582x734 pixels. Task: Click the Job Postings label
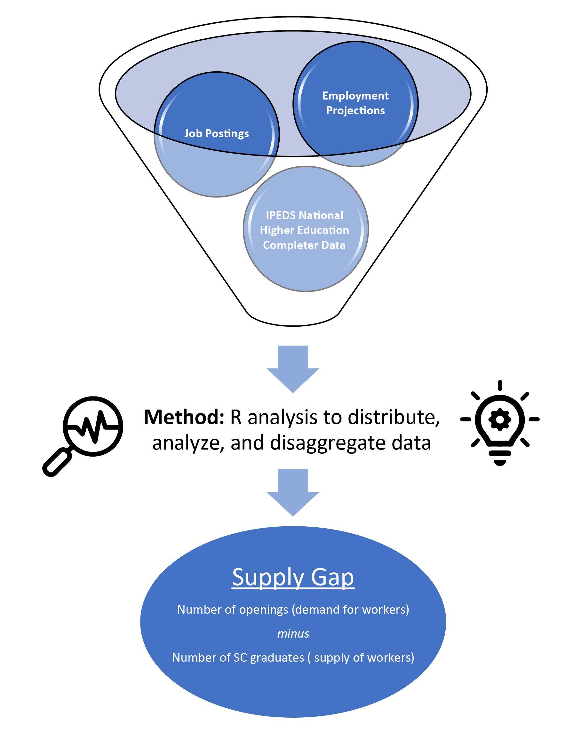(x=217, y=133)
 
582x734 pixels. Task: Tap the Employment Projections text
(x=355, y=103)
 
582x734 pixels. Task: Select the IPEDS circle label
(x=304, y=230)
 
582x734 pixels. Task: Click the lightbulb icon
(x=500, y=422)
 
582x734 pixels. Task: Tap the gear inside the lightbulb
(x=500, y=419)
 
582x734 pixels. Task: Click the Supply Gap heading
(x=293, y=577)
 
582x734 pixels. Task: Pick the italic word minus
(x=293, y=634)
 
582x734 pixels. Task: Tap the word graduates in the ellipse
(x=277, y=658)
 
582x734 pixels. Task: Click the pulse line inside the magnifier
(x=92, y=426)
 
